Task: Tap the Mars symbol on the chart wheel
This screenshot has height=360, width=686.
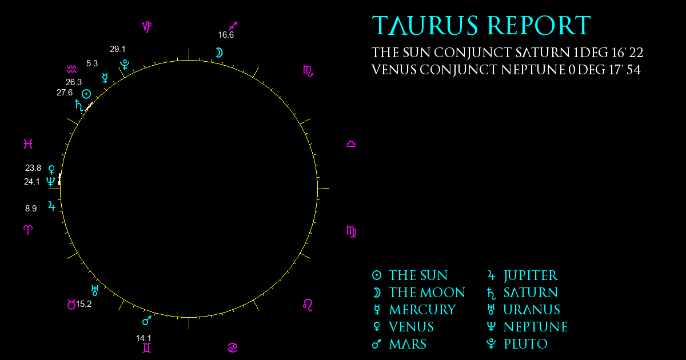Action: pos(147,320)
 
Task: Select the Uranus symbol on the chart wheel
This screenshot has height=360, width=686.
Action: pos(95,290)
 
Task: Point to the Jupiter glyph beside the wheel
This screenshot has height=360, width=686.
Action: pos(52,206)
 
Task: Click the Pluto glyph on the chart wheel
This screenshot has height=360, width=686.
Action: pos(125,65)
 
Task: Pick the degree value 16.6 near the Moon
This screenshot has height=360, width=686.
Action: pos(226,35)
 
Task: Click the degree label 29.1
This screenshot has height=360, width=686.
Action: pos(118,49)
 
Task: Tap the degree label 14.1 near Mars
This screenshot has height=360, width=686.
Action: pos(143,338)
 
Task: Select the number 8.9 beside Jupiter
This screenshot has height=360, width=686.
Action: pos(31,209)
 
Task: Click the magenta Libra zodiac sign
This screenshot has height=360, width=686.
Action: pos(351,144)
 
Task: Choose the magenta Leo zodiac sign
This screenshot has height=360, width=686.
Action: pos(308,305)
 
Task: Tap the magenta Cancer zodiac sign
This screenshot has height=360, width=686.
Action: pos(233,348)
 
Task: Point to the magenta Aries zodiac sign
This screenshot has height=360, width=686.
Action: pos(28,230)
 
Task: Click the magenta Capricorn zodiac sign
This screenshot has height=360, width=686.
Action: pos(147,27)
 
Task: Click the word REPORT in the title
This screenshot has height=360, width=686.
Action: pos(539,25)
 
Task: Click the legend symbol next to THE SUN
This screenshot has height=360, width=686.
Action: pos(377,275)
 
